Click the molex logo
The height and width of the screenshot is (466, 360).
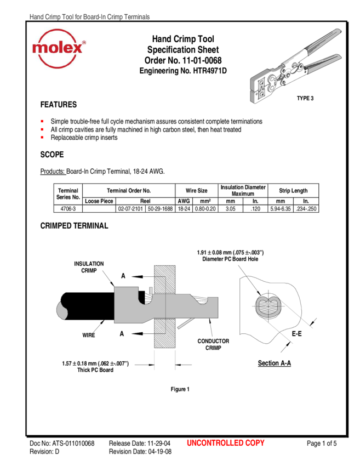click(59, 48)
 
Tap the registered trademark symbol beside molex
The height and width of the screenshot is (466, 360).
click(83, 42)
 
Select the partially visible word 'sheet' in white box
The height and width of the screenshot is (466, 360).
click(210, 50)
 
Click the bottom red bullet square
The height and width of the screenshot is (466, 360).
click(42, 137)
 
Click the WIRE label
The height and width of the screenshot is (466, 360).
click(88, 335)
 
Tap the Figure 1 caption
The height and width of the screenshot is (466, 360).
click(180, 390)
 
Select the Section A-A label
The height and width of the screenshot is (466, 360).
click(274, 363)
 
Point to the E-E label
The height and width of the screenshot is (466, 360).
click(296, 333)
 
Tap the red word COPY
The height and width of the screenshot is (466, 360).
click(255, 443)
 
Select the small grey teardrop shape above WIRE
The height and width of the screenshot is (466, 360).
click(62, 310)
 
